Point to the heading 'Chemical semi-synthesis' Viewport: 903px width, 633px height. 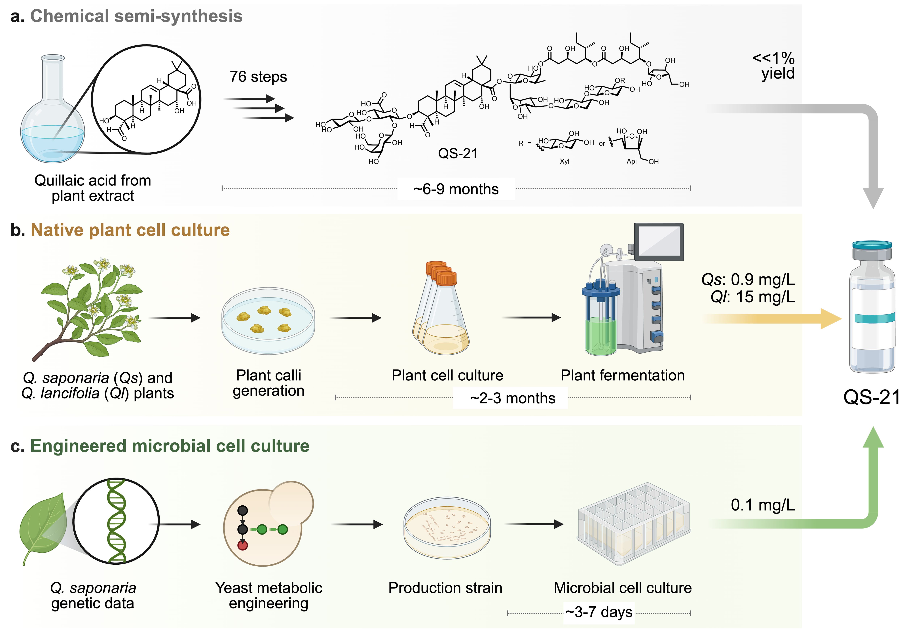[136, 16]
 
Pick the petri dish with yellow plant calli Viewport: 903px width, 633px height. [268, 321]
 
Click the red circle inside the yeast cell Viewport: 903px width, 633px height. [243, 545]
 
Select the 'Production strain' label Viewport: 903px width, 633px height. [445, 588]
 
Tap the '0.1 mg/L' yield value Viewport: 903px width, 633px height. [763, 505]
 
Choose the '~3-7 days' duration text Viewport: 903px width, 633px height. [599, 612]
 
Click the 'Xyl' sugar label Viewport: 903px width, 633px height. [564, 161]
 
